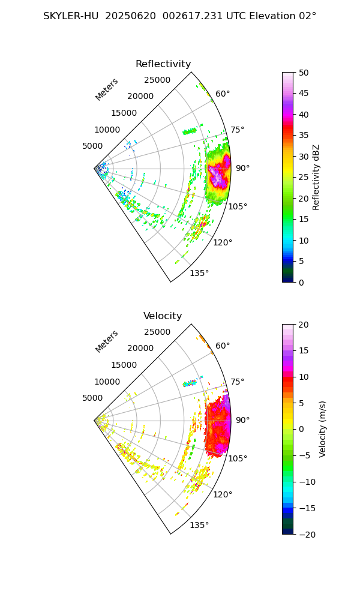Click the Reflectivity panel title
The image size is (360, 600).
(163, 64)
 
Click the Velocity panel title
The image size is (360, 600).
(163, 316)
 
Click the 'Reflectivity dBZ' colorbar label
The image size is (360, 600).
(316, 177)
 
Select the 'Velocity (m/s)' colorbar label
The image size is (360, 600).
(323, 429)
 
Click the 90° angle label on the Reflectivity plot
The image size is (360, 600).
(242, 169)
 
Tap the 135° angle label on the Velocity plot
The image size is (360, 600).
(199, 526)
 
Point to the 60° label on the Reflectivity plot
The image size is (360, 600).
(223, 94)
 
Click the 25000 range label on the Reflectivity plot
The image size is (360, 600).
(157, 80)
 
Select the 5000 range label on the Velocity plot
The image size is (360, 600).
(92, 398)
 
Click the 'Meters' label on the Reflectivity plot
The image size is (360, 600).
(107, 89)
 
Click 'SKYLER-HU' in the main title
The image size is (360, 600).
(71, 16)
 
